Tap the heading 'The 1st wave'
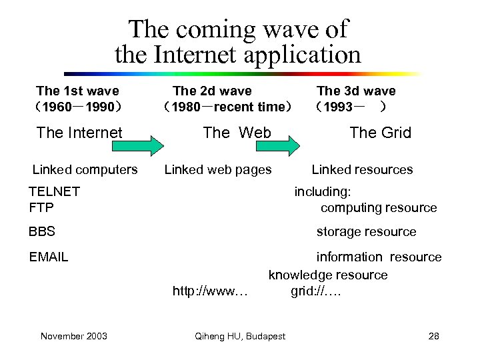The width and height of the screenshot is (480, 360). coord(77,91)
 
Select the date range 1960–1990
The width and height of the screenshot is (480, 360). coord(78,107)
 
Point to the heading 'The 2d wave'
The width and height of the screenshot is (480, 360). coord(212,91)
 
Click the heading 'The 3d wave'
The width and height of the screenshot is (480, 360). coord(356,91)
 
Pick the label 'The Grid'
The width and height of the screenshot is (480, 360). coord(381,133)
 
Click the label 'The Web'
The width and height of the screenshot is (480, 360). coord(237,133)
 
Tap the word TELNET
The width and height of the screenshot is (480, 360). coord(55,191)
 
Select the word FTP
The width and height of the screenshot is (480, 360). coord(41,207)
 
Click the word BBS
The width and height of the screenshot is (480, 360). coord(42,232)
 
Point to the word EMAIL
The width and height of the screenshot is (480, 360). coord(49,257)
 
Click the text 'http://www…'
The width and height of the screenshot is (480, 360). coord(210,291)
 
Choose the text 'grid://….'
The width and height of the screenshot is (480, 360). coord(316,291)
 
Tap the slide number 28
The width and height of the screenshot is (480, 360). coord(433,336)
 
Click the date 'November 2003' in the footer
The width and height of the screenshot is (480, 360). coord(73,336)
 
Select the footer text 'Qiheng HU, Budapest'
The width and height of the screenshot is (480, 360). coord(240,336)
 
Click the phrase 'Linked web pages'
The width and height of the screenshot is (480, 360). coord(218,170)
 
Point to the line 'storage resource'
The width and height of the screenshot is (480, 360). coord(366,232)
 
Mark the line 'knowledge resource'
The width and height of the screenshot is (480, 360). coord(327,275)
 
